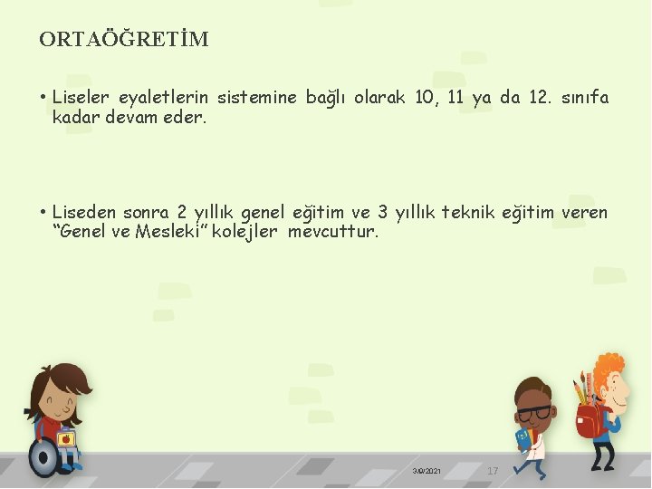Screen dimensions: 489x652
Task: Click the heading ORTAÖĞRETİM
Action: (124, 39)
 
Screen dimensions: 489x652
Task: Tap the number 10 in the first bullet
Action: (424, 98)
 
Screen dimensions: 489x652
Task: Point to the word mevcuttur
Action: (333, 232)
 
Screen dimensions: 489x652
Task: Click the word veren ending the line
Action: (584, 213)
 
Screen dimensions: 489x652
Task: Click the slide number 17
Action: (493, 471)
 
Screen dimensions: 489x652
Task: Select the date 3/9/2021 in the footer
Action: (427, 472)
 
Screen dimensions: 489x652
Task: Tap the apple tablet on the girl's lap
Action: (66, 439)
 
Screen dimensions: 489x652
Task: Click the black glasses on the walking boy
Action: (534, 413)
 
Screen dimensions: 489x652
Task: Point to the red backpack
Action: (590, 420)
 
